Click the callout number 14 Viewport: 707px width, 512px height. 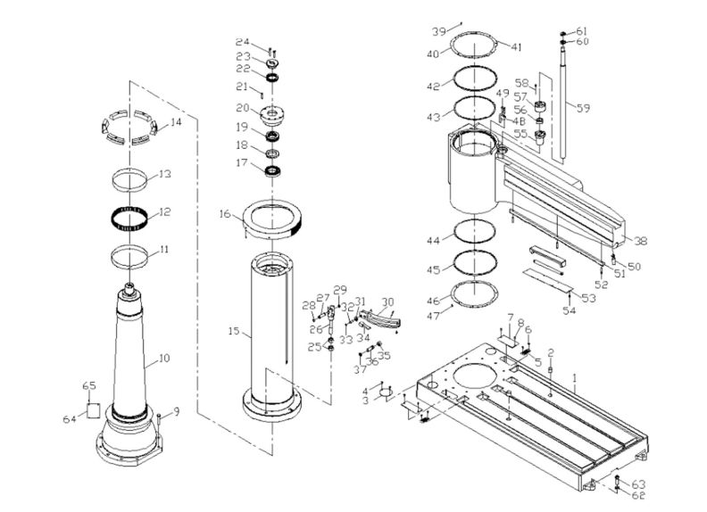pos(176,121)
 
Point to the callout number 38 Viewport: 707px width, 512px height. pos(640,240)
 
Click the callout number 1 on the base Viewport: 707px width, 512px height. pos(577,378)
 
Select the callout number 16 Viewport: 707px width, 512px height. pos(225,214)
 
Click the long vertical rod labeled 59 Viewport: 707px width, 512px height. pos(564,107)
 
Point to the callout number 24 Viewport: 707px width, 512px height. pos(242,43)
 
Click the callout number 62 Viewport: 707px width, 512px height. pos(637,495)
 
